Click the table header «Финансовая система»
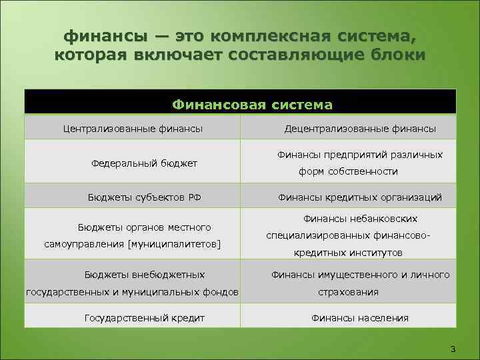(252, 105)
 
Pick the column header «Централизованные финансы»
(133, 128)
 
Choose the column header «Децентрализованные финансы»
(360, 128)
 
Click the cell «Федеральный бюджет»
(144, 163)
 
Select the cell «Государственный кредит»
(144, 317)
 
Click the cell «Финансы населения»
(360, 317)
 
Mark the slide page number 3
(453, 349)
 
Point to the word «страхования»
(348, 291)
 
